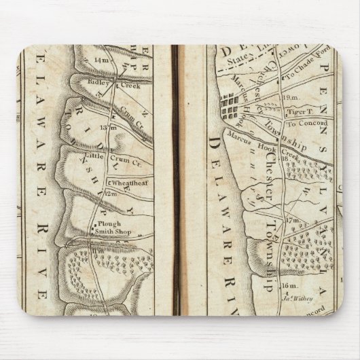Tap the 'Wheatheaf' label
(x=125, y=183)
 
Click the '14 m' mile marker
(x=102, y=60)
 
